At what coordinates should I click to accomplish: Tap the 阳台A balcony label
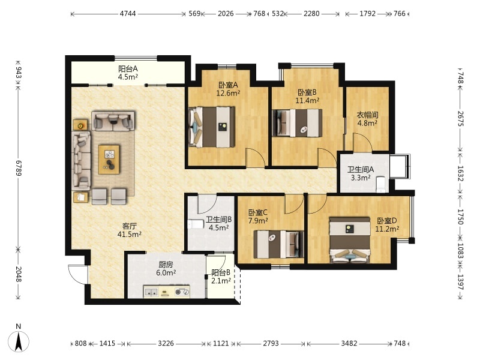128,68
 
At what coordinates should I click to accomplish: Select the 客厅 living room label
129,226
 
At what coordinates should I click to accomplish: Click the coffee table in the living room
109,159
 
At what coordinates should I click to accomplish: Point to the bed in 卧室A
212,127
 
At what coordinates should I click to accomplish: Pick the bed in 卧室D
350,240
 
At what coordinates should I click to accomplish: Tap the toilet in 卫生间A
381,184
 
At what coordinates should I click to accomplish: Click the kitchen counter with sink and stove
167,292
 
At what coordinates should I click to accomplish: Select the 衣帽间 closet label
367,115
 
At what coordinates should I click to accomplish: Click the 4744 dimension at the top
128,14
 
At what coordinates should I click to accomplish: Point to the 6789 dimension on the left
19,168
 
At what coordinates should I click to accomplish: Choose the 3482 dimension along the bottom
349,343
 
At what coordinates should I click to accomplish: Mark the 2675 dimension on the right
461,119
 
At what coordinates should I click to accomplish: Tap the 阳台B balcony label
221,272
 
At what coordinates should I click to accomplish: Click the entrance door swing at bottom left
77,274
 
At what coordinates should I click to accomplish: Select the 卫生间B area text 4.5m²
219,228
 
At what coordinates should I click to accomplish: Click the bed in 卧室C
279,244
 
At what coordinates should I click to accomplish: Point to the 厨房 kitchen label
166,264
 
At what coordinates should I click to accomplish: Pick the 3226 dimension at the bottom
166,343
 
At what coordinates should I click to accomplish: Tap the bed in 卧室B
298,123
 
